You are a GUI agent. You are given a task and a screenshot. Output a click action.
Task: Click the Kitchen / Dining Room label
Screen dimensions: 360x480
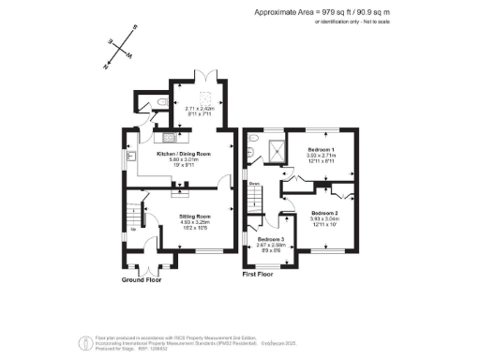pyautogui.click(x=183, y=153)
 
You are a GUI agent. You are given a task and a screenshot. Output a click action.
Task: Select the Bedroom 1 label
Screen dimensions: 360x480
pyautogui.click(x=320, y=150)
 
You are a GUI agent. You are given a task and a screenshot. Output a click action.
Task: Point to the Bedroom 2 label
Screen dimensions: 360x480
pyautogui.click(x=324, y=214)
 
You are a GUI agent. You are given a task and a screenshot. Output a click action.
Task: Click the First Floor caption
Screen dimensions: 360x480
pyautogui.click(x=262, y=276)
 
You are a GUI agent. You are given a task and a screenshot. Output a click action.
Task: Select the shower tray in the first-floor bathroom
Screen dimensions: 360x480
pyautogui.click(x=275, y=149)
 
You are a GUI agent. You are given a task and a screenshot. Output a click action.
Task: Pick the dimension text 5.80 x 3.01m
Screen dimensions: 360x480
pyautogui.click(x=183, y=159)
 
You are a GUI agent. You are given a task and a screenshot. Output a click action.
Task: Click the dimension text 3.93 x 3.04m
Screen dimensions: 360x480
pyautogui.click(x=324, y=220)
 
